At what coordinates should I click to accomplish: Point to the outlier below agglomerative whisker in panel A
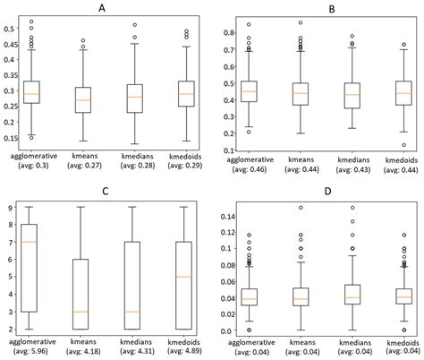click(x=32, y=137)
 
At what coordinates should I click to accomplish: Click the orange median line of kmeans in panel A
click(x=83, y=99)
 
